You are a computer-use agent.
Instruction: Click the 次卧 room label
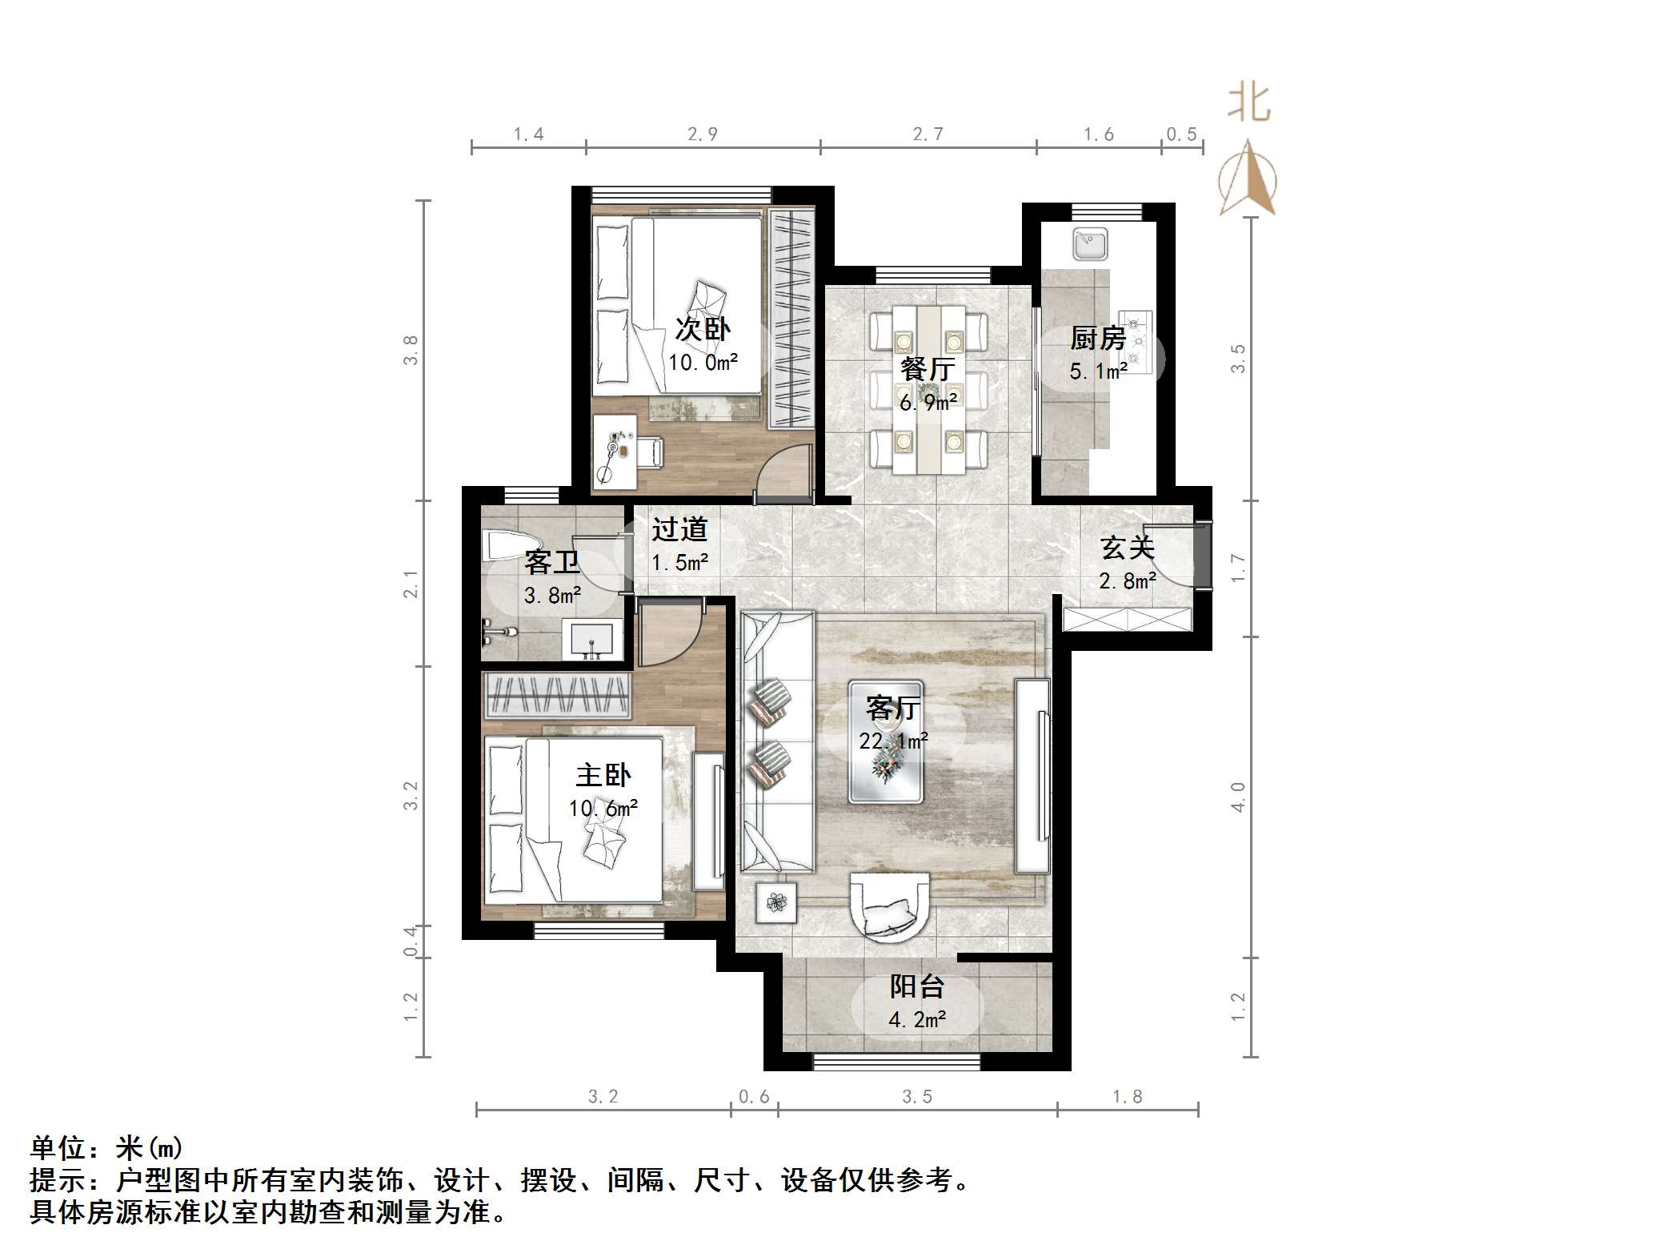pyautogui.click(x=703, y=328)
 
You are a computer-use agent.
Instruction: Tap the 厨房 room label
pyautogui.click(x=1098, y=339)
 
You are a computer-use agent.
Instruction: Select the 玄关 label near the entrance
pyautogui.click(x=1128, y=548)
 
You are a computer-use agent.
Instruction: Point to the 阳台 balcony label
pyautogui.click(x=917, y=986)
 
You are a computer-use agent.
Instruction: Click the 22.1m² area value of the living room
pyautogui.click(x=893, y=741)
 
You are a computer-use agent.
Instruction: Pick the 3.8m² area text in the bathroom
pyautogui.click(x=552, y=596)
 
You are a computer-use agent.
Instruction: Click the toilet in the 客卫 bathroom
pyautogui.click(x=505, y=547)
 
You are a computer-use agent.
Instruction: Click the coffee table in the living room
pyautogui.click(x=886, y=741)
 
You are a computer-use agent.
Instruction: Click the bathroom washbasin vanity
pyautogui.click(x=592, y=639)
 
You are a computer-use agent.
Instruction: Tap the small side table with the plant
pyautogui.click(x=775, y=903)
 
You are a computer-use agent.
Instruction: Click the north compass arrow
pyautogui.click(x=1248, y=180)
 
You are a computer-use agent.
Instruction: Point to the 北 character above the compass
pyautogui.click(x=1249, y=104)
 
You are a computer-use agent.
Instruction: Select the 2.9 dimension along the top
pyautogui.click(x=702, y=135)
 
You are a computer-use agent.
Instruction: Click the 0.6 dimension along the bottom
pyautogui.click(x=753, y=1096)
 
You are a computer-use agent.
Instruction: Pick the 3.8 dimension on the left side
pyautogui.click(x=411, y=350)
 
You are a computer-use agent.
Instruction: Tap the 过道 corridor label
pyautogui.click(x=679, y=529)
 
